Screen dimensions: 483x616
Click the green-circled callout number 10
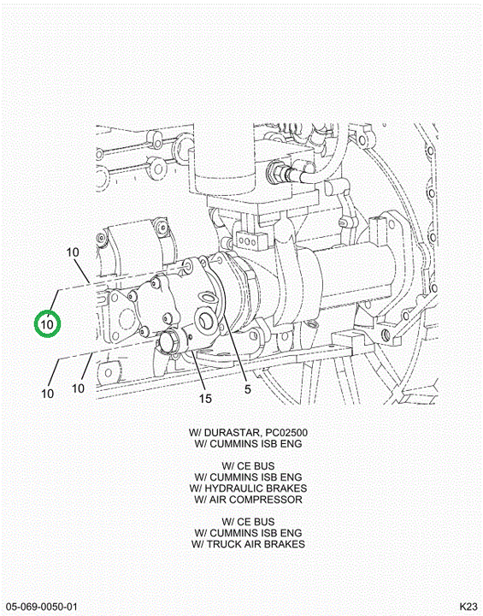[47, 324]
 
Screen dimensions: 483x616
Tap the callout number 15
[205, 399]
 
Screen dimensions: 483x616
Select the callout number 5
[248, 389]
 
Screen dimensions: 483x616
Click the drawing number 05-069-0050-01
[42, 607]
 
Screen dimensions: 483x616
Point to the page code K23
[468, 607]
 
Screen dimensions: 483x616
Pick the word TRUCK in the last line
[223, 544]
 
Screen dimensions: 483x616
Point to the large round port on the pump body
[206, 321]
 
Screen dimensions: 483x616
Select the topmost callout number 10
[73, 252]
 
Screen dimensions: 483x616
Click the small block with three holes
[246, 240]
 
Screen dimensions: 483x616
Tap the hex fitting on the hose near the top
[275, 173]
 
